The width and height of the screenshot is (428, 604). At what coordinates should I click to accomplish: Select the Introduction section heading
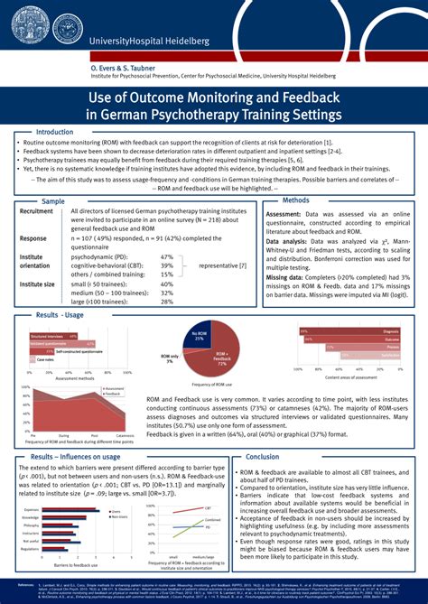53,132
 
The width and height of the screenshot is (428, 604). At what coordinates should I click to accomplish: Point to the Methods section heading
295,200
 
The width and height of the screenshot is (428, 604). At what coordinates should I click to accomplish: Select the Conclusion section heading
263,457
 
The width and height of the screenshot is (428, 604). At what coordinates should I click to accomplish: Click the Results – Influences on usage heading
82,457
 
